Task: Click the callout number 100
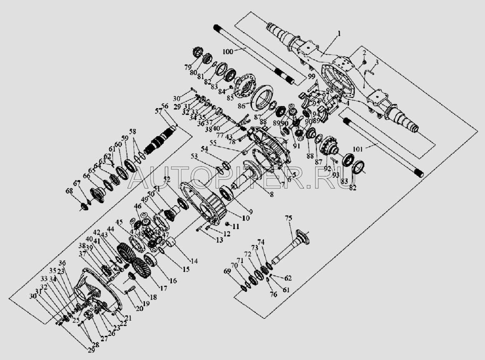point(228,52)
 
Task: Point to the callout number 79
point(188,67)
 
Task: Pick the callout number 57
point(158,111)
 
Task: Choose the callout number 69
point(239,271)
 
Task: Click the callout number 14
point(194,261)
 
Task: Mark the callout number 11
point(236,227)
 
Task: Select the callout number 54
point(204,149)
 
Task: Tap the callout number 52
point(167,179)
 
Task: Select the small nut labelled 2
point(363,62)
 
